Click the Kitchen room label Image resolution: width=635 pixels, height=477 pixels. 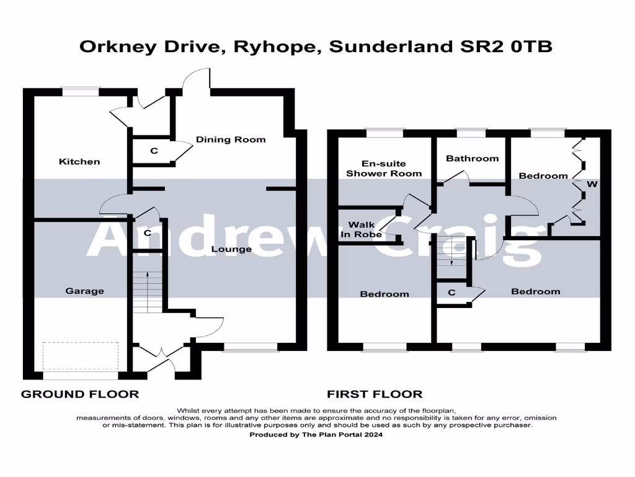point(79,161)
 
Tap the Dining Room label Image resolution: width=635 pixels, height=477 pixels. point(231,140)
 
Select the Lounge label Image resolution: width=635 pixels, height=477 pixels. point(231,249)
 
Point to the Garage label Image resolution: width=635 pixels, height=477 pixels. point(84,291)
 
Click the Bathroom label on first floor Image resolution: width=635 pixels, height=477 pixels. point(472,158)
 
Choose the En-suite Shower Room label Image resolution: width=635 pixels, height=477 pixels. point(384,168)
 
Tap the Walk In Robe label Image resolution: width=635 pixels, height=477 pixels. point(362,230)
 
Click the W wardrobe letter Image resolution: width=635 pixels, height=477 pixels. point(592,184)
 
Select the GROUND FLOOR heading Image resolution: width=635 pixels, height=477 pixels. point(80,394)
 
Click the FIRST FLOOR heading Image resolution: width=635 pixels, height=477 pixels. point(375,394)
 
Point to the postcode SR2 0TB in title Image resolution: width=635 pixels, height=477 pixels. point(506,47)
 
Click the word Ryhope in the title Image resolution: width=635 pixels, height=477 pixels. point(275,47)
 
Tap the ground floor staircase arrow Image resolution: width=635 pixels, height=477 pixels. point(148,292)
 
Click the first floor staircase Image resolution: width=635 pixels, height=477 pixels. point(452,257)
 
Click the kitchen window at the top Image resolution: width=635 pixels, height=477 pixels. point(80,91)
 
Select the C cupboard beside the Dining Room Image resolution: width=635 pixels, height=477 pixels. point(154,151)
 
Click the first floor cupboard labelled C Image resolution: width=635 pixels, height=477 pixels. point(451,292)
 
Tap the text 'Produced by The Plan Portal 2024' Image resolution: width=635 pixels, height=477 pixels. point(316,434)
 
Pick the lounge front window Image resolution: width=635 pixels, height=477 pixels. point(251,347)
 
